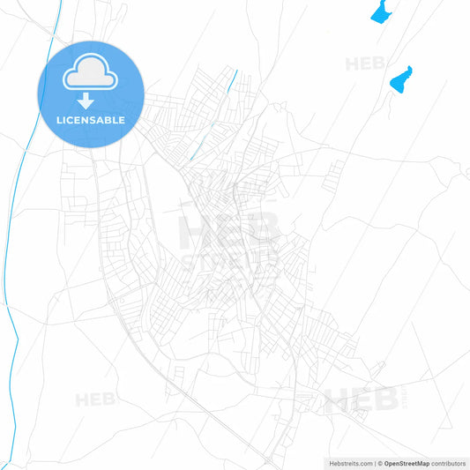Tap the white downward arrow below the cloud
tap(89, 100)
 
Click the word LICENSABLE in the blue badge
tap(90, 119)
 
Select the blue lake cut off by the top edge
tap(381, 11)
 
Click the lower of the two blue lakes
tap(401, 79)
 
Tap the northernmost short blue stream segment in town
tap(233, 81)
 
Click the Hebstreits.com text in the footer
tap(347, 463)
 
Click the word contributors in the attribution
tap(448, 463)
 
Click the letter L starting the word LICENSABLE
tap(58, 119)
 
